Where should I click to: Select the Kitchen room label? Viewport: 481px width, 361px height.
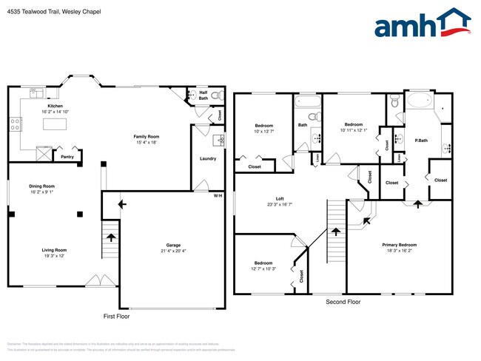(x=55, y=107)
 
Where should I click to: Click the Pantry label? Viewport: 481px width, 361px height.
(x=67, y=157)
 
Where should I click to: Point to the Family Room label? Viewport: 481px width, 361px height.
(x=147, y=137)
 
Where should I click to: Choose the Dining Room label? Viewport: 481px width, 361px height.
(x=41, y=186)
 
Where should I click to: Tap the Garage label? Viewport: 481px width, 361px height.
(x=173, y=245)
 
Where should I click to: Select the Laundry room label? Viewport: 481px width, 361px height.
(x=208, y=159)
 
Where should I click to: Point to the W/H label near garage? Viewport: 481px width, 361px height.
(x=218, y=195)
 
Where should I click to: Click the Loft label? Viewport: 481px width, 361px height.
(x=280, y=198)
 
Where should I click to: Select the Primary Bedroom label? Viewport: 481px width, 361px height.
(x=399, y=245)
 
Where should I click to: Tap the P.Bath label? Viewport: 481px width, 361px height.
(x=421, y=139)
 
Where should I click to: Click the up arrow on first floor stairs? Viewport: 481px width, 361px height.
(x=110, y=237)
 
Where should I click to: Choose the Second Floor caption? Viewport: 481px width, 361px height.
(x=343, y=302)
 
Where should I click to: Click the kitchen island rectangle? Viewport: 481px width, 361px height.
(x=55, y=124)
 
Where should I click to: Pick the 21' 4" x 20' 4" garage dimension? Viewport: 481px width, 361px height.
(x=173, y=251)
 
